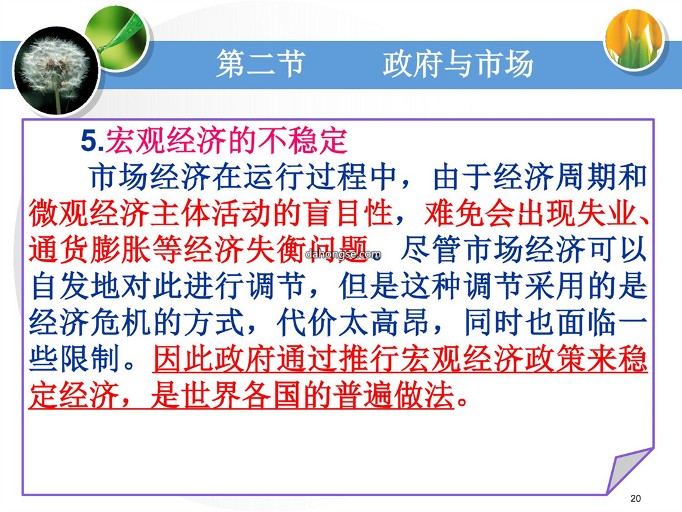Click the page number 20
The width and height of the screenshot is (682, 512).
point(635,498)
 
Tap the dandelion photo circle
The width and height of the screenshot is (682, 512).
point(56,70)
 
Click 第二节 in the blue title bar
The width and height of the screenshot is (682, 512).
point(260,64)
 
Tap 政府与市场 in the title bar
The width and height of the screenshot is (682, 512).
point(458,64)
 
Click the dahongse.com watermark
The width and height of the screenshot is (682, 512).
point(343,254)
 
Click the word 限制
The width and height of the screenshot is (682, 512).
point(90,360)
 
